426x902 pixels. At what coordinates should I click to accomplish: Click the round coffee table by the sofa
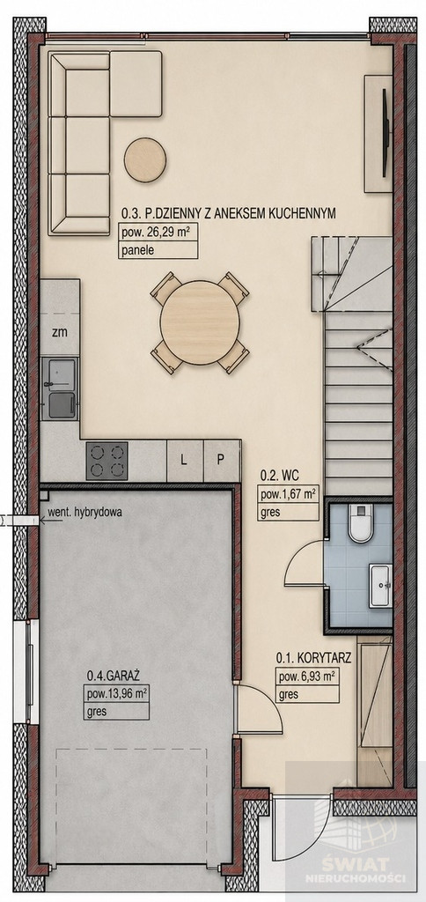click(x=145, y=160)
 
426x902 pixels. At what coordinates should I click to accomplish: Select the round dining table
click(x=200, y=322)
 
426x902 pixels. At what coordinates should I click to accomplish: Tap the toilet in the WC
click(x=361, y=523)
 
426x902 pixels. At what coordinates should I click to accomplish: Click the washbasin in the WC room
click(x=380, y=585)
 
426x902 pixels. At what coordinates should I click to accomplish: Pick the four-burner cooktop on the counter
click(x=106, y=461)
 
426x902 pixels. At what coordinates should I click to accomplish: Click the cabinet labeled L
click(x=185, y=461)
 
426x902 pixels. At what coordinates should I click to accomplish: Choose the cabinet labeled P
click(x=221, y=461)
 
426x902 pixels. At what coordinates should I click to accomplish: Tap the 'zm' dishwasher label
click(x=58, y=332)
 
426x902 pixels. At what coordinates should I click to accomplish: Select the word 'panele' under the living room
click(x=135, y=250)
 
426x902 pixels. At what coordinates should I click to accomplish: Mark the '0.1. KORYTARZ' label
click(x=313, y=657)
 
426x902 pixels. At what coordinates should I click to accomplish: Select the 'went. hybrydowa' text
click(x=84, y=514)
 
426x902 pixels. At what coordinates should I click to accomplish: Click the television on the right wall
click(x=386, y=134)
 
